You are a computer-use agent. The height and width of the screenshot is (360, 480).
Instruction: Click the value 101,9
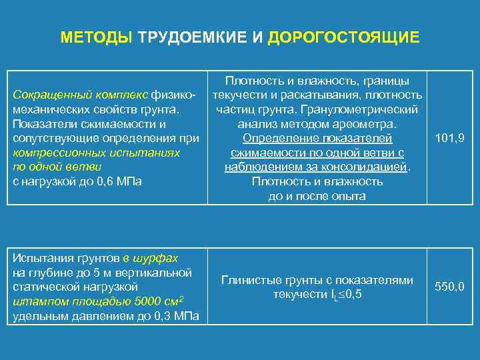(449, 139)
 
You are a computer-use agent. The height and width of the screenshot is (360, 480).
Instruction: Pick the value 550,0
(449, 287)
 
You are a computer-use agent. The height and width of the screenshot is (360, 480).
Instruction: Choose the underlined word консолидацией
(368, 167)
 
